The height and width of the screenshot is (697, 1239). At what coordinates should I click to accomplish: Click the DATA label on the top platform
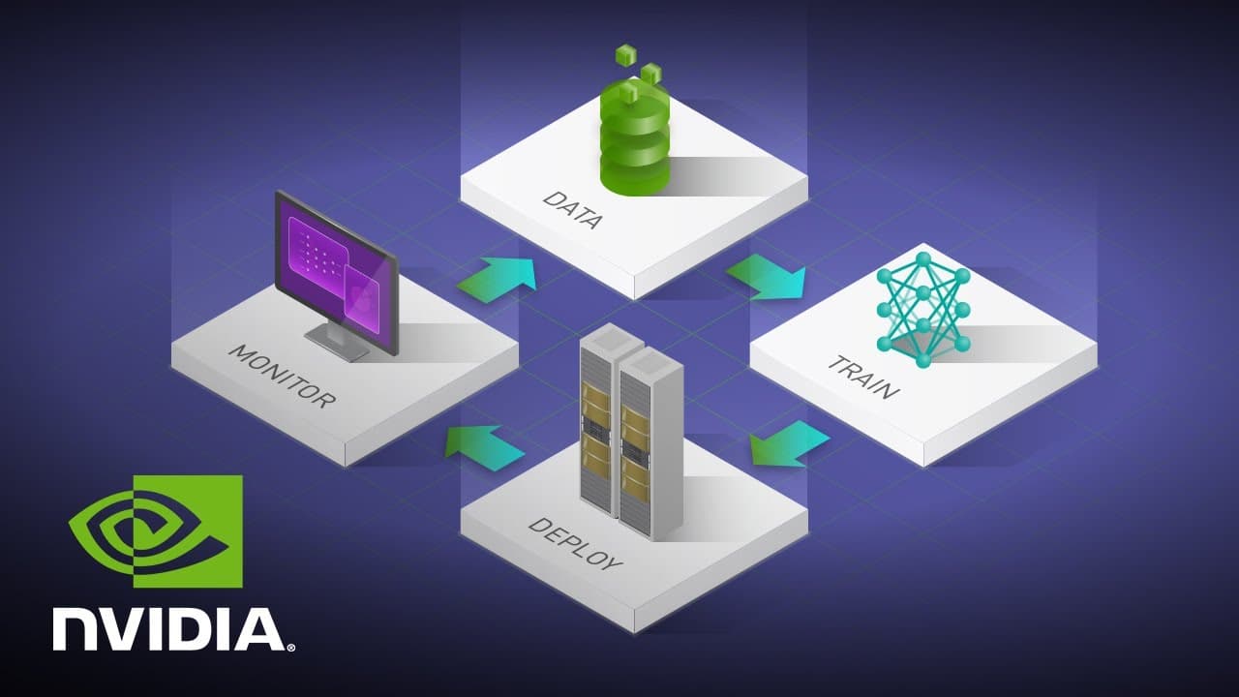(572, 210)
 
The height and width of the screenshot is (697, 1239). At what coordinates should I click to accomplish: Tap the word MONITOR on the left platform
(282, 377)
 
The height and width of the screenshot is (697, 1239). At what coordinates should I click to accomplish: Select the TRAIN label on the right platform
(863, 378)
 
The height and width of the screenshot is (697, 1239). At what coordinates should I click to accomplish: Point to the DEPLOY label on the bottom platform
(575, 544)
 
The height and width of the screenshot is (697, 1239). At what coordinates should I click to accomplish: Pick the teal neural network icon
(923, 310)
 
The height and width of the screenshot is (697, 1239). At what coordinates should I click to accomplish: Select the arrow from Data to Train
(766, 277)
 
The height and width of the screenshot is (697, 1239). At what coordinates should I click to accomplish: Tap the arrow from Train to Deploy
(790, 443)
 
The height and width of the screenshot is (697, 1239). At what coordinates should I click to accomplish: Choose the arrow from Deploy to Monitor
(485, 448)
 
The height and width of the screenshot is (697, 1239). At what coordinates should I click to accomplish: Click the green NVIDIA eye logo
(156, 531)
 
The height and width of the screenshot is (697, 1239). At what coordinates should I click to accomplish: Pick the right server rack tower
(650, 444)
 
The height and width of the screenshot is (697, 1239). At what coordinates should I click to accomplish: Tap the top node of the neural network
(923, 258)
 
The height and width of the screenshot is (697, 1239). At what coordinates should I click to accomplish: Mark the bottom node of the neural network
(923, 360)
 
